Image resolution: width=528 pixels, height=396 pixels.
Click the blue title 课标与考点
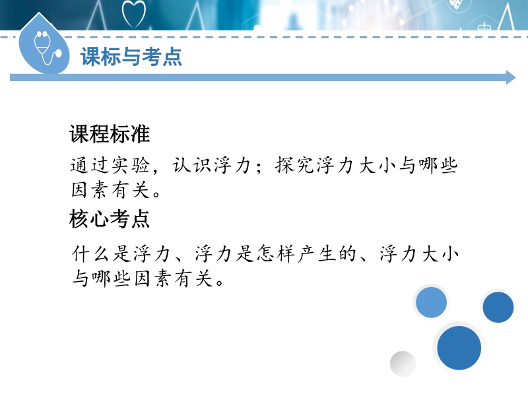[x=131, y=56]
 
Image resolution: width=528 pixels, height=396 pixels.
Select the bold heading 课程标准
[x=110, y=134]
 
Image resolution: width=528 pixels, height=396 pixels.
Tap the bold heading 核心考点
[x=110, y=218]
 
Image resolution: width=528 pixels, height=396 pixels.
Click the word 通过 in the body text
[x=90, y=166]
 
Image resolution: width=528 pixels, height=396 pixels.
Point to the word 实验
[x=131, y=166]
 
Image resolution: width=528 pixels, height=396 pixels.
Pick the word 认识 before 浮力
[x=192, y=166]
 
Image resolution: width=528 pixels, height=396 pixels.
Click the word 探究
[x=295, y=166]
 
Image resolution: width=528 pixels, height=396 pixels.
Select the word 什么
[x=90, y=254]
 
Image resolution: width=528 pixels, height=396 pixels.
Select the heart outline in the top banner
[x=134, y=14]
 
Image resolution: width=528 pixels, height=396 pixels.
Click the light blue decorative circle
[x=431, y=302]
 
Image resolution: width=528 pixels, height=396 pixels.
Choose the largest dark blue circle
[x=459, y=348]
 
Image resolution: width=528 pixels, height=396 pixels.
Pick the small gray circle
[x=403, y=364]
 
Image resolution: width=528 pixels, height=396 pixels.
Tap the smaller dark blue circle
[x=498, y=307]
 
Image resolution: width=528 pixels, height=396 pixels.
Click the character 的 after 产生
[x=348, y=254]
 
